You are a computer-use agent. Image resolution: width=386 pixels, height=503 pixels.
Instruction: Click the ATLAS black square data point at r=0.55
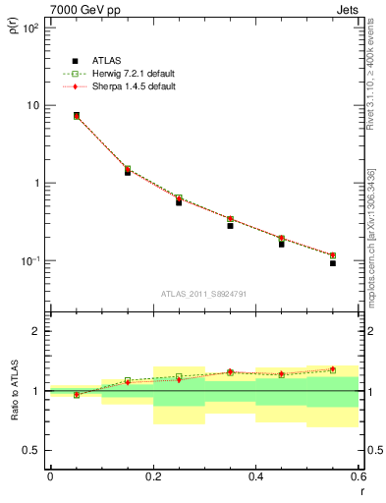click(x=333, y=263)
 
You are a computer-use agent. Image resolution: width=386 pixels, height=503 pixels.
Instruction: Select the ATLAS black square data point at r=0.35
click(x=230, y=226)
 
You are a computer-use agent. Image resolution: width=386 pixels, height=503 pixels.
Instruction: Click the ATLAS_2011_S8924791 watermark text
click(x=203, y=294)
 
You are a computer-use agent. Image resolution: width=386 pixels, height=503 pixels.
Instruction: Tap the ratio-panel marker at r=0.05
click(x=76, y=395)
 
